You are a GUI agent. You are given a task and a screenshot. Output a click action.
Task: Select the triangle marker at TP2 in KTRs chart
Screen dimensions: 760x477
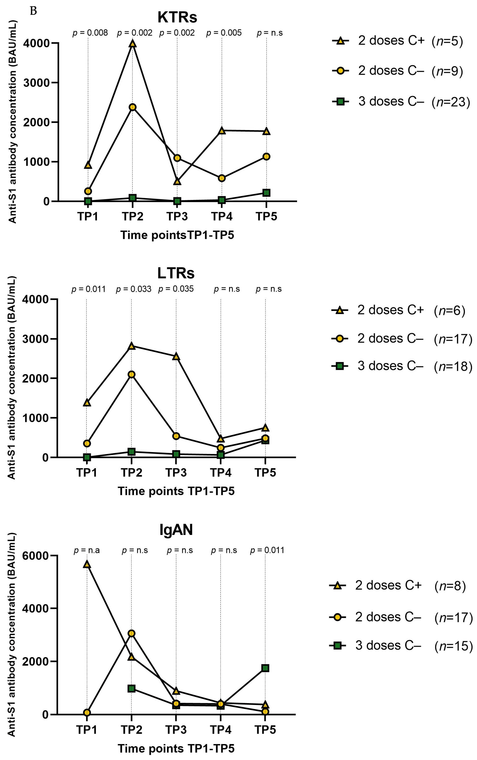pos(132,43)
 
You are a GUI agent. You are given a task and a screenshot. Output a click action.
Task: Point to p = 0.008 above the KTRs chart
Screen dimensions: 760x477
pos(90,33)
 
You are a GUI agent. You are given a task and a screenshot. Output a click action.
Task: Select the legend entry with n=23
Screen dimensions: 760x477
pos(401,102)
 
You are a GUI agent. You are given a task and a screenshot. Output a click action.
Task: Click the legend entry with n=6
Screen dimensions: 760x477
pos(398,310)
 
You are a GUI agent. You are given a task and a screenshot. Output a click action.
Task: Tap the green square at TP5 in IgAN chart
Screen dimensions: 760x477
pos(265,659)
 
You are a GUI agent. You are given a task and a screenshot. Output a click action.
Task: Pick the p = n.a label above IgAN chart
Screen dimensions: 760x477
pos(87,550)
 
